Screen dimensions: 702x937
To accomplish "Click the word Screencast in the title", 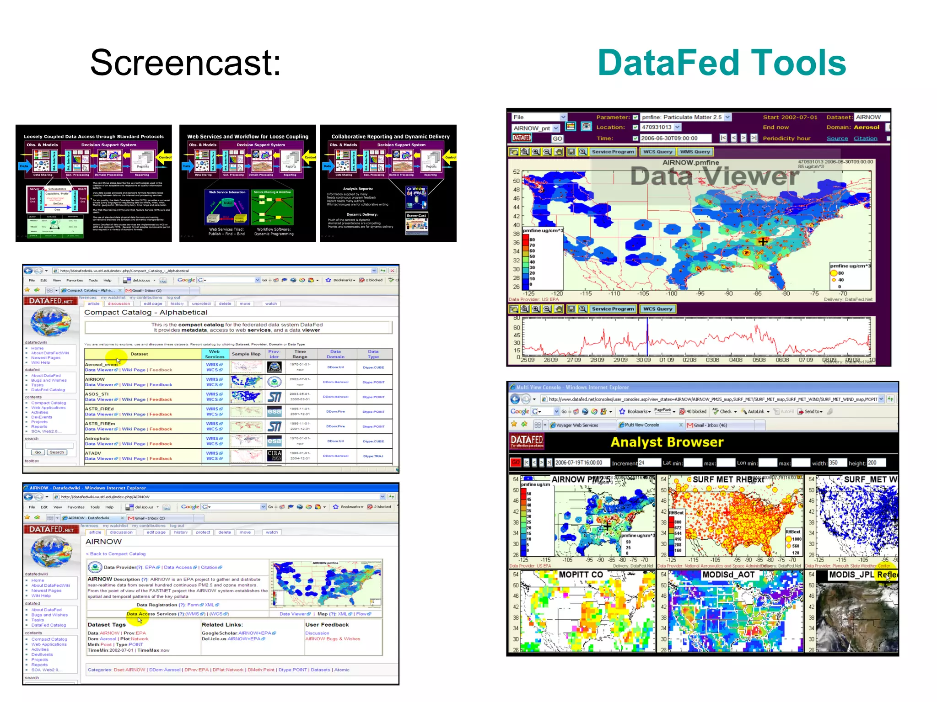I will click(x=185, y=63).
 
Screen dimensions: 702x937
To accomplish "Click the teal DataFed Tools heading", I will click(x=722, y=63).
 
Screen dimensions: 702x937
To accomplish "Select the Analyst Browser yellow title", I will click(x=667, y=442).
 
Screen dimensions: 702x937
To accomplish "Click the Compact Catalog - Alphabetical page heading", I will click(x=145, y=313).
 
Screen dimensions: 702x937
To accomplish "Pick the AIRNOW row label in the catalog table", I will click(x=95, y=379).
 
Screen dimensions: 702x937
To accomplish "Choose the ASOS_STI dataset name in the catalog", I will click(x=97, y=394).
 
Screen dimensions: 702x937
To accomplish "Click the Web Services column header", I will click(x=214, y=354).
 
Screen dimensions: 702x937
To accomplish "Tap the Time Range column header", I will click(x=300, y=354).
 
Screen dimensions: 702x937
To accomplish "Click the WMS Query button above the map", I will click(x=695, y=152).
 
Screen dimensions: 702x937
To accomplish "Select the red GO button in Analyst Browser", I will click(x=516, y=463).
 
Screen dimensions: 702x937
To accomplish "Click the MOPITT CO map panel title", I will click(x=581, y=575).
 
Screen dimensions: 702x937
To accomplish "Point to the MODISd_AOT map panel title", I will click(x=728, y=575).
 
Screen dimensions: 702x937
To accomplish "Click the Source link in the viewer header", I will click(x=837, y=138).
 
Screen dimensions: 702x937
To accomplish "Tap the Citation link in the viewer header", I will click(x=865, y=138).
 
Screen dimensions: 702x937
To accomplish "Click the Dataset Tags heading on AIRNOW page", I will click(x=106, y=625).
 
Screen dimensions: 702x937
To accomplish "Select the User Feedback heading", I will click(x=327, y=625).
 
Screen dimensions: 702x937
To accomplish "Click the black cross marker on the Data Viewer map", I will click(x=762, y=241).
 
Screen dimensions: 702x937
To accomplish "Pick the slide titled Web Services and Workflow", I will click(x=248, y=183).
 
